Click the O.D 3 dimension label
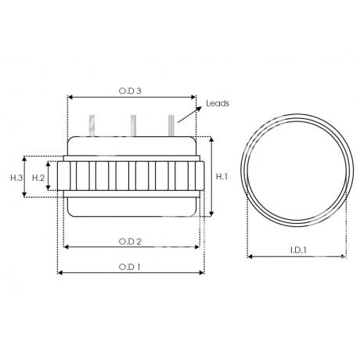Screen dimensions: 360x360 (x=130, y=91)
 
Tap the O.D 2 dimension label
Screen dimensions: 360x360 (x=130, y=242)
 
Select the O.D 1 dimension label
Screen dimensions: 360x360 (x=129, y=267)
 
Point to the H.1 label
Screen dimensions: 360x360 (x=221, y=177)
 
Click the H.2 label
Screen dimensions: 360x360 (x=38, y=178)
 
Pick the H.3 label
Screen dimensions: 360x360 (x=16, y=178)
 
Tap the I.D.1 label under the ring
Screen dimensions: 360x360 (x=298, y=250)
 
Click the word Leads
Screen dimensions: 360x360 (x=218, y=103)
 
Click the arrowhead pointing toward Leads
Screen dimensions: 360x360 (x=199, y=109)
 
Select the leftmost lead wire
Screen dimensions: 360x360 (x=92, y=125)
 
